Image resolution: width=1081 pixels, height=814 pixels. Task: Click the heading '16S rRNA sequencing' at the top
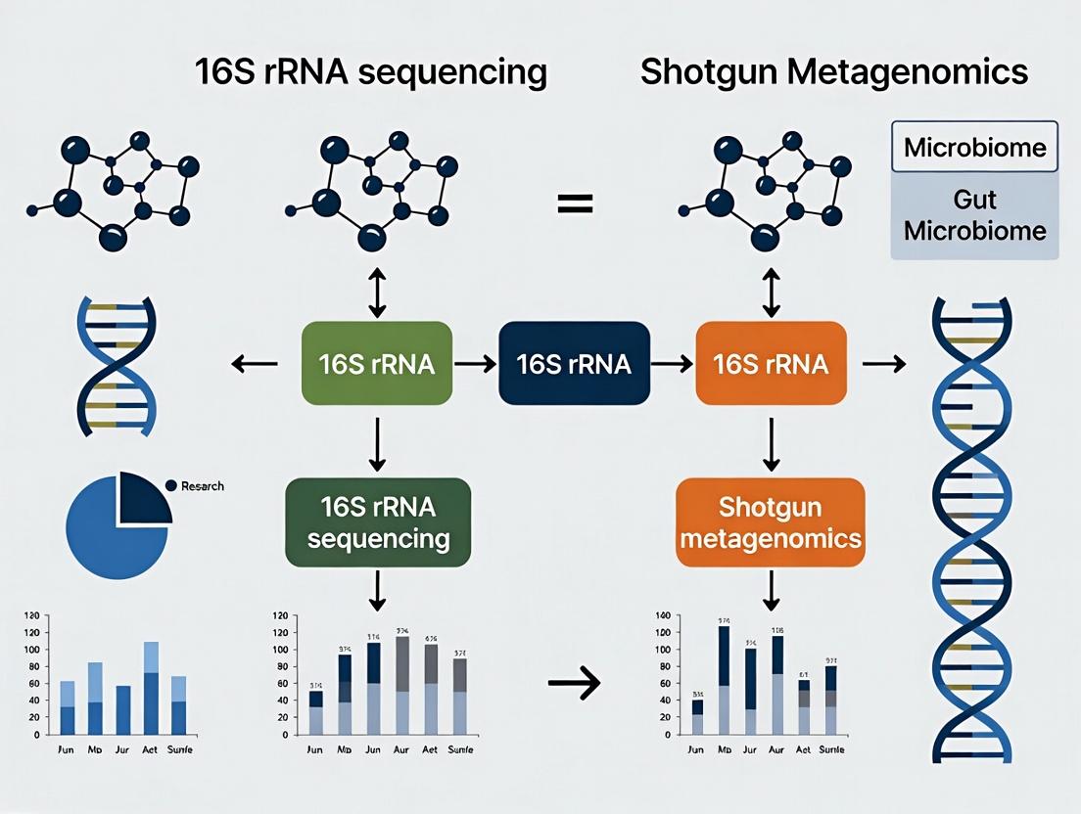(x=371, y=72)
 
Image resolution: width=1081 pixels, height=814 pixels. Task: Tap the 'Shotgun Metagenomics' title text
(x=833, y=72)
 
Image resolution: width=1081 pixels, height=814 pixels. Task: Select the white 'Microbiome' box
(x=974, y=148)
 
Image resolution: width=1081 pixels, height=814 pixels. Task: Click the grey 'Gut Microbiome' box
(x=974, y=216)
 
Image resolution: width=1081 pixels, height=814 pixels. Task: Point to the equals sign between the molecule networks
(x=575, y=203)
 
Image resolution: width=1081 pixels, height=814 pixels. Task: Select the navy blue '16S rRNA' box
(x=574, y=364)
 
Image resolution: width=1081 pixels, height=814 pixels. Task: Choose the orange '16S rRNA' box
(x=771, y=364)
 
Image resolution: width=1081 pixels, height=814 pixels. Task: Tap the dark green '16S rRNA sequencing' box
(x=378, y=521)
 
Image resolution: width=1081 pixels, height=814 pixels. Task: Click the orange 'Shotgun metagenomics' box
(x=771, y=521)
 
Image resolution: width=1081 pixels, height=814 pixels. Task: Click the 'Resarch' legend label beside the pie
(x=202, y=486)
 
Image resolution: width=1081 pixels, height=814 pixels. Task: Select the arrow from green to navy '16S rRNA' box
(x=475, y=365)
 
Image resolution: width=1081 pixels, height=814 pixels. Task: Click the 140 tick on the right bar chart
(x=661, y=616)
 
